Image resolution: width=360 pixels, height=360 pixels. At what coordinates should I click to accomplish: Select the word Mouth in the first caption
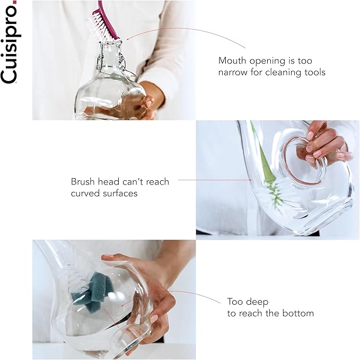232,60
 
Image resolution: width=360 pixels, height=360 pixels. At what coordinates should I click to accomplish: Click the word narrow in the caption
233,72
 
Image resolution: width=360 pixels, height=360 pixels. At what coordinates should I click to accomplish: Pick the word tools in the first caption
315,72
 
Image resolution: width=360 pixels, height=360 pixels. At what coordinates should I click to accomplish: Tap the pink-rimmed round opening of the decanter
301,161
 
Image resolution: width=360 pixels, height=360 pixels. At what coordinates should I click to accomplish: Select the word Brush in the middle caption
83,182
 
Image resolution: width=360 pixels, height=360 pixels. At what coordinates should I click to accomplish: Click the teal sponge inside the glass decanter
92,292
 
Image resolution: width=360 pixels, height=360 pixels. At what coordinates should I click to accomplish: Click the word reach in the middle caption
157,182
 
